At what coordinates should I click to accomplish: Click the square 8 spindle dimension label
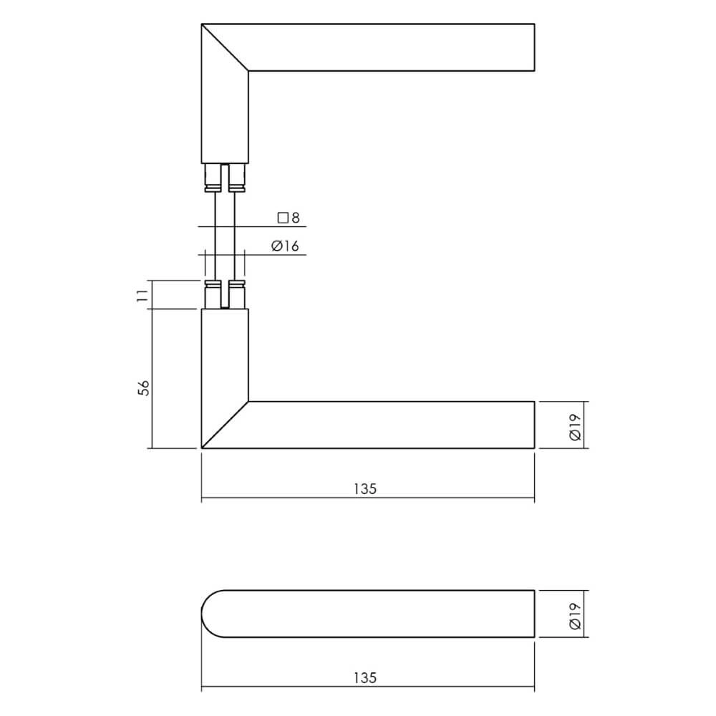[288, 218]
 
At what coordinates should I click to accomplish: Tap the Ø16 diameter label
[285, 246]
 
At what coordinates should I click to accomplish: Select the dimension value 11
[142, 294]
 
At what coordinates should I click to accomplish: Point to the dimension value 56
[143, 387]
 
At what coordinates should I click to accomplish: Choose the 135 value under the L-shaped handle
[365, 489]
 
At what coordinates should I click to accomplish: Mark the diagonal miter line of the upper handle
[225, 48]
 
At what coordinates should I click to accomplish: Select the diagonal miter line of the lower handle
[225, 425]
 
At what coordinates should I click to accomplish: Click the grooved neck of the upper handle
[225, 178]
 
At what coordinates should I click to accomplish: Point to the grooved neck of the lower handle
[225, 294]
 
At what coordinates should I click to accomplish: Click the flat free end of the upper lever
[534, 48]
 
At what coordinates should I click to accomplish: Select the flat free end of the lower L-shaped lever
[534, 425]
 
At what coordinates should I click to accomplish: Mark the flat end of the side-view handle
[534, 614]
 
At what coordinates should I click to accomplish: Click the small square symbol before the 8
[281, 218]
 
